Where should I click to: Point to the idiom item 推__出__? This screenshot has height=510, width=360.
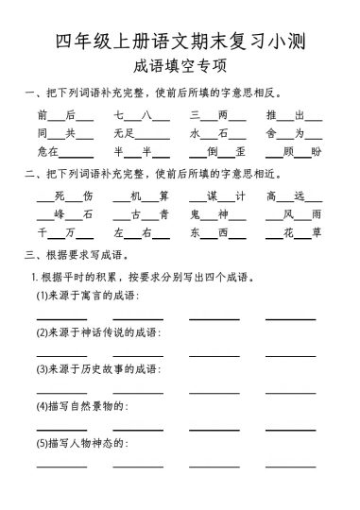[294, 116]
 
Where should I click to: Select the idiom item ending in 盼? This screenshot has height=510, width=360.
[294, 151]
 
